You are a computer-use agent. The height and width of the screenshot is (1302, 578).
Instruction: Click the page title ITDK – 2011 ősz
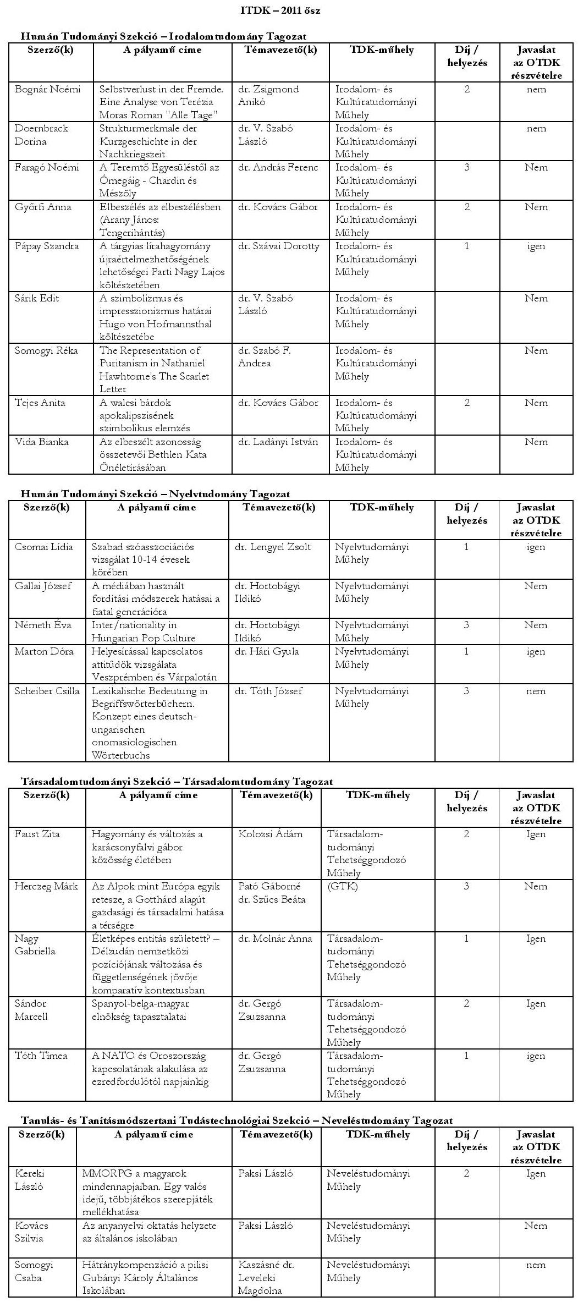[280, 10]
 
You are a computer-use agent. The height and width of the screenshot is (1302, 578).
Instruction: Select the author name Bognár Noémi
[47, 89]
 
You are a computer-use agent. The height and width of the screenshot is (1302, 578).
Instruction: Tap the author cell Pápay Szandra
[47, 246]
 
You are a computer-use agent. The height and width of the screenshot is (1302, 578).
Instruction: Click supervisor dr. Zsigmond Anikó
[268, 95]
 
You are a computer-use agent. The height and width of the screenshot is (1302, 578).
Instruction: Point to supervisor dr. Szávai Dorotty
[279, 246]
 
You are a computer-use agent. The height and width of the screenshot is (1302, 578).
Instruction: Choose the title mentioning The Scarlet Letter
[155, 369]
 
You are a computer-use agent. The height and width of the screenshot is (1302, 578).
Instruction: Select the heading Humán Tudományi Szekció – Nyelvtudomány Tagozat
[155, 494]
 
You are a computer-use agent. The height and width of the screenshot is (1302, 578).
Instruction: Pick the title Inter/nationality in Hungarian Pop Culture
[144, 631]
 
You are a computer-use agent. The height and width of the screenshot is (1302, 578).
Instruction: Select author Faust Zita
[37, 834]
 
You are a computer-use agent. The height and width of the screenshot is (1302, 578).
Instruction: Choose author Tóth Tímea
[41, 1056]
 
